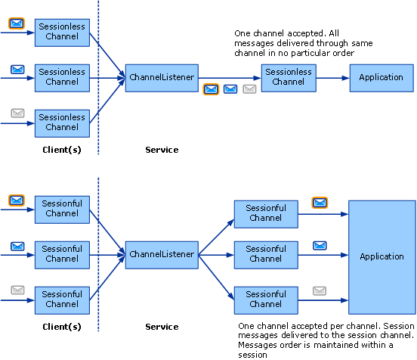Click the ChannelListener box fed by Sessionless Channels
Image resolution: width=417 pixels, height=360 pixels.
tap(162, 77)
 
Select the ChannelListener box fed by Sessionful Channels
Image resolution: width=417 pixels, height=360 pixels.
tap(162, 254)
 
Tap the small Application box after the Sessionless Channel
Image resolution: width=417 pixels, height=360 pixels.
tap(381, 77)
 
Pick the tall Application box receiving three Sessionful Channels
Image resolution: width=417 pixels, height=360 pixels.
tap(381, 256)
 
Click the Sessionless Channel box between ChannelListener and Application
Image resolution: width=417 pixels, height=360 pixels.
tap(288, 77)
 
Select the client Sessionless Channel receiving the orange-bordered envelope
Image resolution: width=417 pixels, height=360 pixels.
tap(62, 32)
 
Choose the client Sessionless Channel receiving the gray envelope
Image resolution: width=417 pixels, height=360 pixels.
tap(62, 122)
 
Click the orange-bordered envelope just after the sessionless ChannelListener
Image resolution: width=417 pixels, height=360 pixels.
tap(212, 89)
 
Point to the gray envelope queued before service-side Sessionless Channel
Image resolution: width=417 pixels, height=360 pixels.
tap(249, 89)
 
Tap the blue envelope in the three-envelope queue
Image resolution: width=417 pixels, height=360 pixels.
tap(230, 89)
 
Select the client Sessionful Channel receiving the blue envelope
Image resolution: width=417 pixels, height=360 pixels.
tap(62, 253)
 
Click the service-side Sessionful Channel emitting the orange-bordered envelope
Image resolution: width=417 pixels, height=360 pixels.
tap(265, 213)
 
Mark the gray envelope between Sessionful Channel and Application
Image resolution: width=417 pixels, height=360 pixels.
tap(320, 290)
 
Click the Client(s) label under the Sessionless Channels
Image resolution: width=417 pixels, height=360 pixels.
tap(62, 150)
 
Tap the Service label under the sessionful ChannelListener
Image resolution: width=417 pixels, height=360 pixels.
tap(162, 327)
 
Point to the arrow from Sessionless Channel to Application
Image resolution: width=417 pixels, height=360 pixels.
tap(332, 77)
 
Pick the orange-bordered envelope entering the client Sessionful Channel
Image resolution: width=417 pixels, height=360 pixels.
tap(17, 200)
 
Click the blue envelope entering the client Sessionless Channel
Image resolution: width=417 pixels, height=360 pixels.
tap(17, 70)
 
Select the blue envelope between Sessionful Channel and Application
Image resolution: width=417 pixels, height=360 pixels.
tap(320, 246)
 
